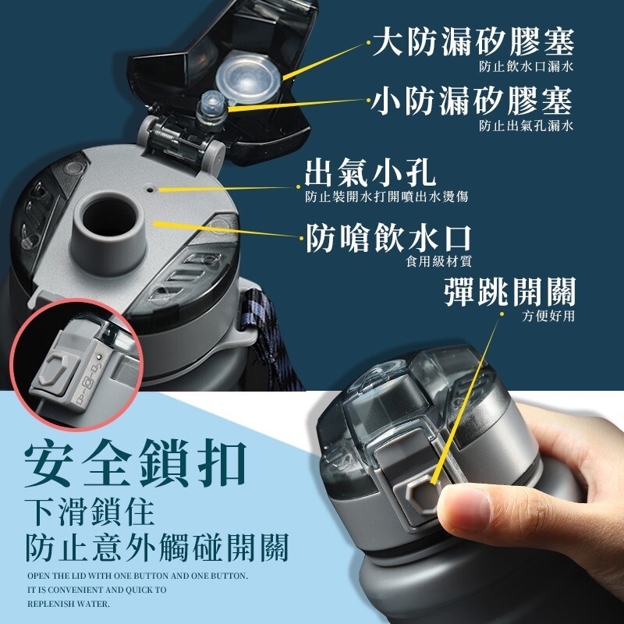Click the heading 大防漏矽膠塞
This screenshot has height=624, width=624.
(x=473, y=41)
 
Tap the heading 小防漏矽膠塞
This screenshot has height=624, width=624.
(x=473, y=101)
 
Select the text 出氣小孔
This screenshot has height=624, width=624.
(x=370, y=173)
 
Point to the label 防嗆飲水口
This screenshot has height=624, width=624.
(x=388, y=238)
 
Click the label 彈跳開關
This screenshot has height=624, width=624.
(x=510, y=292)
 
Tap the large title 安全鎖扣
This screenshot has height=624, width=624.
(x=135, y=463)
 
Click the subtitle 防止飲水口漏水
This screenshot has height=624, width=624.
(x=526, y=66)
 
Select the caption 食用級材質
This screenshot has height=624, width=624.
(x=438, y=261)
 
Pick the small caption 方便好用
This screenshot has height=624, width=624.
(x=548, y=316)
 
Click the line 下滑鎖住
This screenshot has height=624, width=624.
(x=90, y=512)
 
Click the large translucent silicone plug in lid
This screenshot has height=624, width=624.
(x=247, y=76)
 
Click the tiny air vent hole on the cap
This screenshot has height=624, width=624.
(x=150, y=190)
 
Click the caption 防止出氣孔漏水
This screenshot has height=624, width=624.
(x=526, y=126)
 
